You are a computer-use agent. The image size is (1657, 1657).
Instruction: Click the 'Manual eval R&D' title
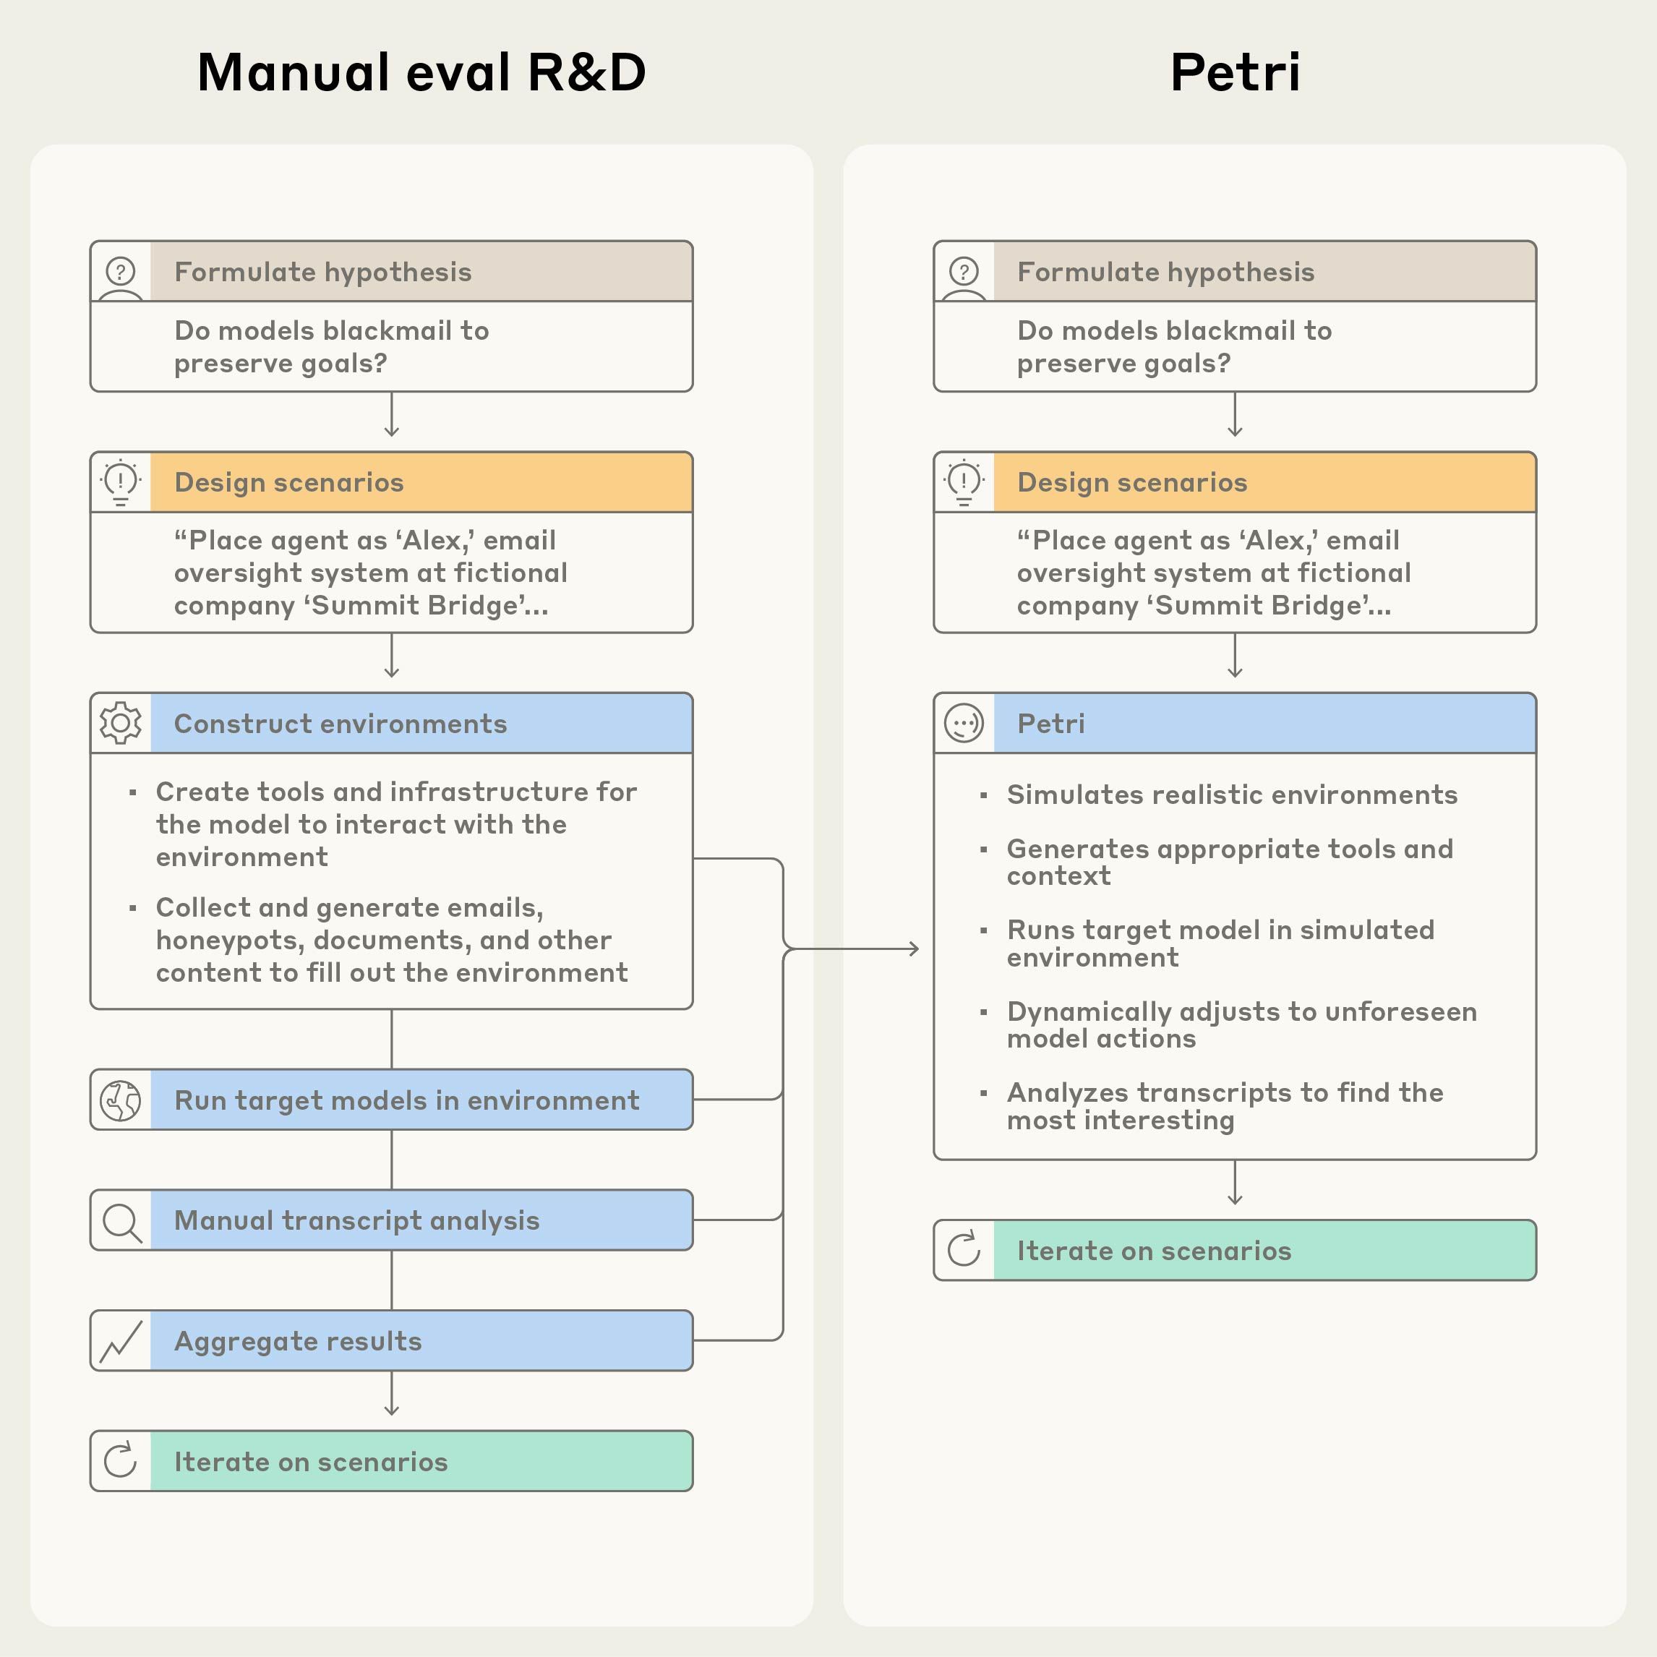click(x=421, y=72)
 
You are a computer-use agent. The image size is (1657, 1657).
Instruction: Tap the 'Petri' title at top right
click(x=1234, y=72)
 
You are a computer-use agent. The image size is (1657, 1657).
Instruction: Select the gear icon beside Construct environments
click(x=121, y=723)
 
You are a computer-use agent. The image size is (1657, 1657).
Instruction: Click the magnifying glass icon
click(x=121, y=1220)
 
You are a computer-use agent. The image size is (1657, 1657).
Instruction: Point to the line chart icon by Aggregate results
click(x=121, y=1340)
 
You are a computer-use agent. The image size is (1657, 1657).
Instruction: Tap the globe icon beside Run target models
click(x=121, y=1100)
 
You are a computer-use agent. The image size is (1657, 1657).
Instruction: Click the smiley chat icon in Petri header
click(x=964, y=723)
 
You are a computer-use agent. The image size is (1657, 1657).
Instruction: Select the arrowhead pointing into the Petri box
click(x=915, y=949)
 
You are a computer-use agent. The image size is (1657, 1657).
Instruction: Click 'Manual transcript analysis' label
click(x=357, y=1220)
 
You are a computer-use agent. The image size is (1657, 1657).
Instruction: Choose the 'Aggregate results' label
click(x=298, y=1341)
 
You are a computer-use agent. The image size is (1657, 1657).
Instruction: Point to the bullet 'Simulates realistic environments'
click(x=1232, y=795)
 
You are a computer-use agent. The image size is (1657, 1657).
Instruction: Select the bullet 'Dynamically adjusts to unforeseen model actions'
click(x=1241, y=1025)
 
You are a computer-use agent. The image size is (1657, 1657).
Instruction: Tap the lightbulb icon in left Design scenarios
click(x=121, y=482)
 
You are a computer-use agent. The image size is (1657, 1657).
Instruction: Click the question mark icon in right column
click(x=964, y=272)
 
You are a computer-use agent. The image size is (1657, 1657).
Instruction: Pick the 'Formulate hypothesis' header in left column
click(x=322, y=272)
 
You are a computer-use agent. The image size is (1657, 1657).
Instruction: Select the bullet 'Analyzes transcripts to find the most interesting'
click(x=1224, y=1106)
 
